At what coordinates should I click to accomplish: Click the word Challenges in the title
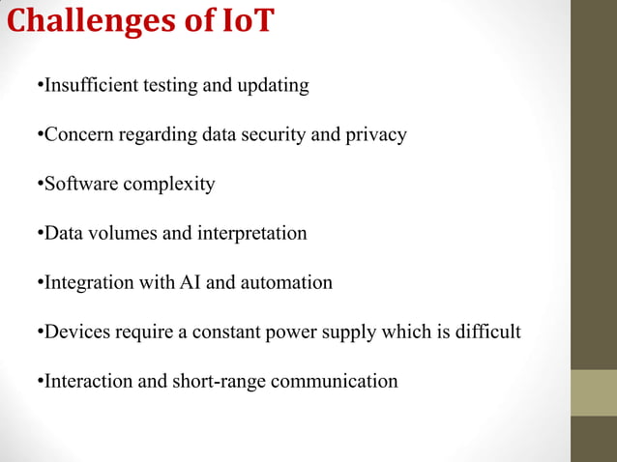click(x=92, y=21)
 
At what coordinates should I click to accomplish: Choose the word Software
click(x=81, y=184)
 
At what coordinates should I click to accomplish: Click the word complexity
click(x=168, y=185)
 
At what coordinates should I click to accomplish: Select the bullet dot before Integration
click(x=40, y=283)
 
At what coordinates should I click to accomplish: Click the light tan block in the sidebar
click(x=593, y=392)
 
